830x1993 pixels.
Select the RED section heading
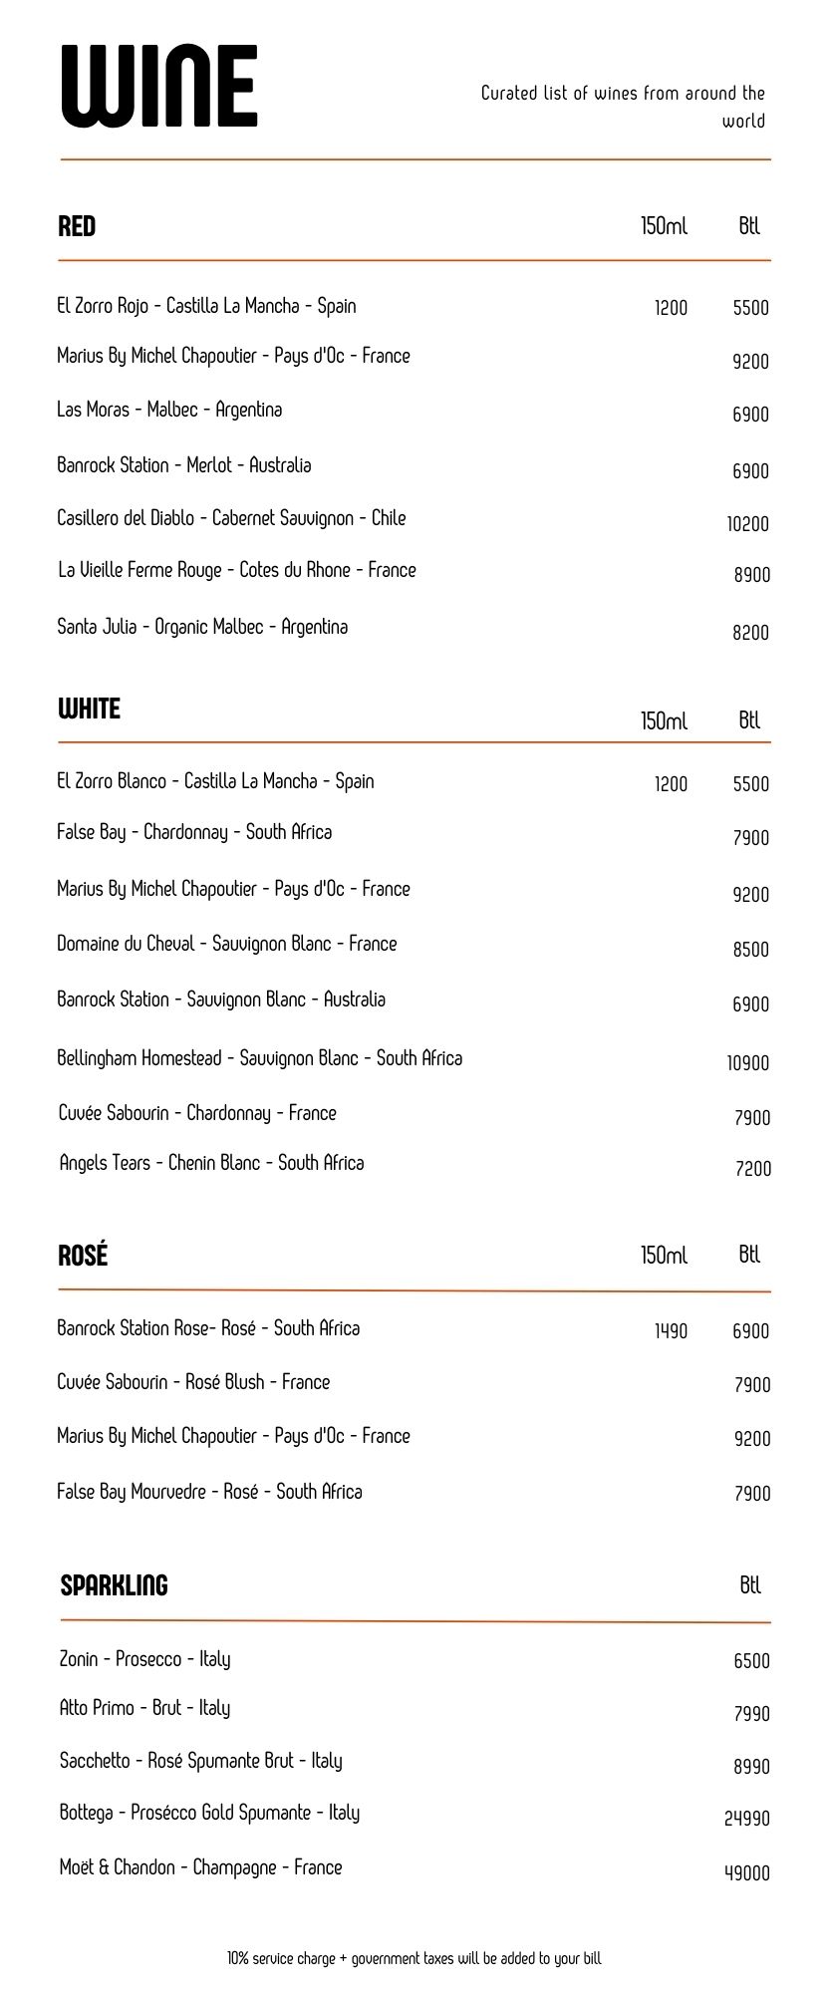coord(77,226)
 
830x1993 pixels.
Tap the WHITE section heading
coord(89,709)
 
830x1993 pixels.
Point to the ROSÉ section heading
coord(83,1255)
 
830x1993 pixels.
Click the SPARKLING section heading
coord(114,1584)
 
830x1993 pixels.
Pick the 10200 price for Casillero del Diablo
coord(747,524)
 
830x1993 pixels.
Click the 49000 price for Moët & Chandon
coord(747,1872)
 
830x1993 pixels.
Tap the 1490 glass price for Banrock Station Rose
coord(671,1330)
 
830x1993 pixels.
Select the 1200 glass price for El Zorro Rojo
coord(671,308)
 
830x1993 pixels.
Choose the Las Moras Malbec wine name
coord(169,410)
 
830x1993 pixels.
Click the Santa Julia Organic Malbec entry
coord(202,627)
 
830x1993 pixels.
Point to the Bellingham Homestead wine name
coord(259,1058)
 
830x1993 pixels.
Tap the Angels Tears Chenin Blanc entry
coord(211,1163)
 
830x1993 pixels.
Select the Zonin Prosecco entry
coord(144,1659)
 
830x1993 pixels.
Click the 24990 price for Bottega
coord(747,1818)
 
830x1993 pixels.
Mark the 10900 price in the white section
coord(747,1063)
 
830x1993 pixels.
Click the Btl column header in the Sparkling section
coord(750,1584)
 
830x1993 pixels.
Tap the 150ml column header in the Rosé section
coord(664,1255)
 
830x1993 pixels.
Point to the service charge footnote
coord(415,1958)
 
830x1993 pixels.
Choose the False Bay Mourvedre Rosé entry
coord(209,1492)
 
